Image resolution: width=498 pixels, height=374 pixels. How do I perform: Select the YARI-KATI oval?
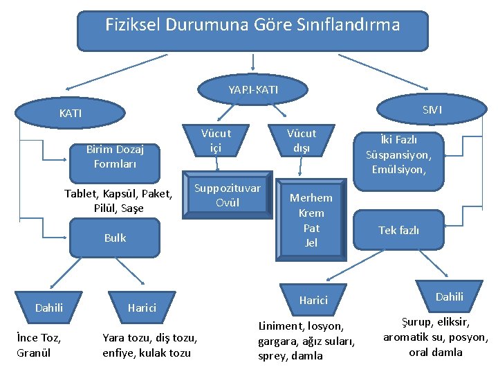coord(253,90)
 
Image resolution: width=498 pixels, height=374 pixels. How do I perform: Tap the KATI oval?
coord(70,112)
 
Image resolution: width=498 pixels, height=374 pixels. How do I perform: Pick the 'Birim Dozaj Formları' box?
coord(115,157)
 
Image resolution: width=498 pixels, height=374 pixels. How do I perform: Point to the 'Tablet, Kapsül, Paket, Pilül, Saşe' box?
coord(118,200)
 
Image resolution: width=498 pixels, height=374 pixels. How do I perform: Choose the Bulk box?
coord(115,238)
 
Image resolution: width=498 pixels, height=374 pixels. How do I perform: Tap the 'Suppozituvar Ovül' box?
coord(228,195)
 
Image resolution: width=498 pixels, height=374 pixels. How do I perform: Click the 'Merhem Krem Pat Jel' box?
coord(311,220)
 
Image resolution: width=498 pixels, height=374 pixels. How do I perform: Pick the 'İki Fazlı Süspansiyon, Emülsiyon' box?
coord(398,154)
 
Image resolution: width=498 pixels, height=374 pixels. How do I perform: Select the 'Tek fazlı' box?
coord(398,230)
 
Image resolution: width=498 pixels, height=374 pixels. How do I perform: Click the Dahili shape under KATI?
coord(48,308)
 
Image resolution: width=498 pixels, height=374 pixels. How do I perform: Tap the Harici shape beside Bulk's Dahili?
coord(141,308)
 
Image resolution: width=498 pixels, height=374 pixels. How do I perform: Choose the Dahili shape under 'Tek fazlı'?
coord(449,296)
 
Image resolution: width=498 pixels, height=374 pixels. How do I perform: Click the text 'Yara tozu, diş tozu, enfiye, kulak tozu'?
coord(150,345)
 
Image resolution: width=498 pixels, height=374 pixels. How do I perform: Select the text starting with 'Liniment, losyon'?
coord(306,340)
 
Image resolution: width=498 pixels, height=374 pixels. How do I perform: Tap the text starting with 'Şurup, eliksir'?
coord(436,337)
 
